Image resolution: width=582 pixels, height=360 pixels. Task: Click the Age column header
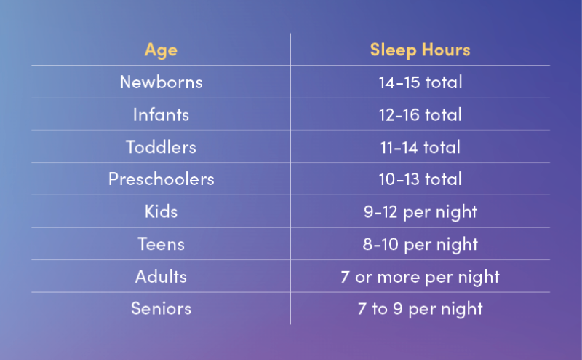(x=161, y=50)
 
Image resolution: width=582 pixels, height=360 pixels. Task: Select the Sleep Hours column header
(x=420, y=50)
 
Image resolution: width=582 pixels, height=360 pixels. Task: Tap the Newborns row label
(x=161, y=82)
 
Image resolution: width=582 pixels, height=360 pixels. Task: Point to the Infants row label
(x=161, y=114)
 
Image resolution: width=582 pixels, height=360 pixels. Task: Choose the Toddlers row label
(x=161, y=146)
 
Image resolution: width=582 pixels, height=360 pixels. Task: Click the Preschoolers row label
(x=161, y=179)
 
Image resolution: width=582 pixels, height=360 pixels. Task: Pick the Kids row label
(x=161, y=211)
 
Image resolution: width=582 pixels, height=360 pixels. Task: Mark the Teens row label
(x=161, y=243)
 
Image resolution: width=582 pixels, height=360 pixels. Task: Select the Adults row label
(x=161, y=276)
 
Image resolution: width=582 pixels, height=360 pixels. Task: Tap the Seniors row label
(x=161, y=308)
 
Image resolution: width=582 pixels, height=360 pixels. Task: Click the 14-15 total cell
(x=420, y=82)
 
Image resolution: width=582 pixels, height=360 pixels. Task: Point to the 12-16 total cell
(x=420, y=114)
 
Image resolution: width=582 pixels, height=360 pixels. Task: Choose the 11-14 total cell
(x=420, y=146)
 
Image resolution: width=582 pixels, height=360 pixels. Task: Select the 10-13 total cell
(x=420, y=179)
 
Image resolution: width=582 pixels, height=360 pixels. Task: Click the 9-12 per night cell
(x=420, y=211)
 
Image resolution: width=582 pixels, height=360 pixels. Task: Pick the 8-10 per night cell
(x=420, y=243)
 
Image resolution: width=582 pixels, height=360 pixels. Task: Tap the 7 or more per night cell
(x=420, y=276)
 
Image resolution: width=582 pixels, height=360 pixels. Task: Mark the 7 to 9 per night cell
(x=420, y=308)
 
